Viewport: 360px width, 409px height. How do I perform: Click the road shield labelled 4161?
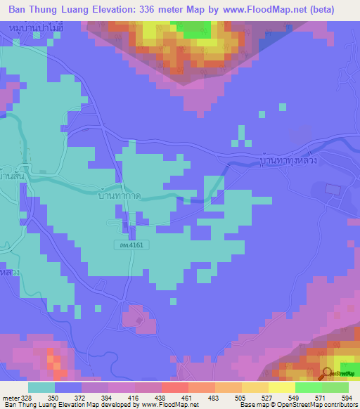[x=126, y=244]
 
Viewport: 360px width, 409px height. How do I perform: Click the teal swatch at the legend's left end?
[x=41, y=387]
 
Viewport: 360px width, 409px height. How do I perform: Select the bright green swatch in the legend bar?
[x=308, y=387]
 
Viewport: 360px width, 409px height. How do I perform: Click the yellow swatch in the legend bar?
[x=281, y=387]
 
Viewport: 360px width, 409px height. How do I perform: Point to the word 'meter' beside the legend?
[x=11, y=397]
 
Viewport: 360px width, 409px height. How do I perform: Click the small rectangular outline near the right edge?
[x=331, y=190]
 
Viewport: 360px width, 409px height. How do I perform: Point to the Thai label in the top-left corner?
[x=29, y=27]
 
